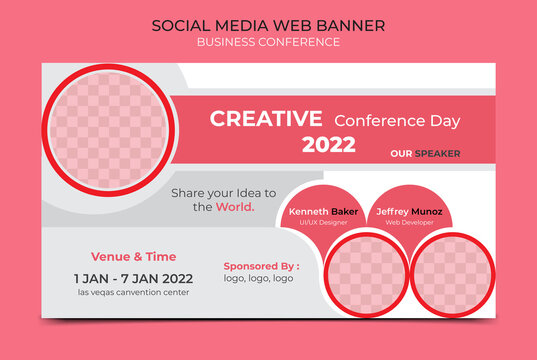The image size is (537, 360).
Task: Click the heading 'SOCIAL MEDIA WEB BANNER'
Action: (x=268, y=25)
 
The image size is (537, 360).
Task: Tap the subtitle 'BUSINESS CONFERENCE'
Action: (x=268, y=42)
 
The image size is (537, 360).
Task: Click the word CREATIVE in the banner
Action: (x=266, y=119)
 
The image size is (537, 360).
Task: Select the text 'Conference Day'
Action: (x=397, y=121)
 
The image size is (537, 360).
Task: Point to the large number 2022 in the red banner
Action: (x=329, y=145)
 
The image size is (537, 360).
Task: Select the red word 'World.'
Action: (x=236, y=207)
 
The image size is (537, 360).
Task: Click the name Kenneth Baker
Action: (x=322, y=212)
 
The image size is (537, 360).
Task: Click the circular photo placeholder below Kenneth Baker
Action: (x=363, y=274)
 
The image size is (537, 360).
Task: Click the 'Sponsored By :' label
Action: (x=261, y=266)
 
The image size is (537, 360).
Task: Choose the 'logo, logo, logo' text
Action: (x=258, y=278)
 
